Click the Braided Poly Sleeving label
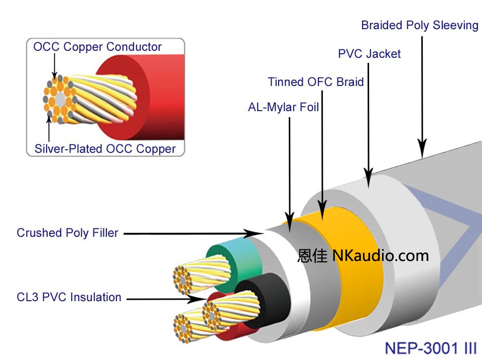(x=420, y=25)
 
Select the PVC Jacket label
(x=370, y=54)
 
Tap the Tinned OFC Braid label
(x=316, y=82)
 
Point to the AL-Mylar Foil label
(x=284, y=108)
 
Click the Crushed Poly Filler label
(x=67, y=233)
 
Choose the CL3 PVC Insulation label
(x=69, y=297)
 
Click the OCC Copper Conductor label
(x=97, y=47)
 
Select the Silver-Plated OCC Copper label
(x=105, y=149)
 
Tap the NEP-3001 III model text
(x=430, y=348)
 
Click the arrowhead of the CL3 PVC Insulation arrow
(x=200, y=299)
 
